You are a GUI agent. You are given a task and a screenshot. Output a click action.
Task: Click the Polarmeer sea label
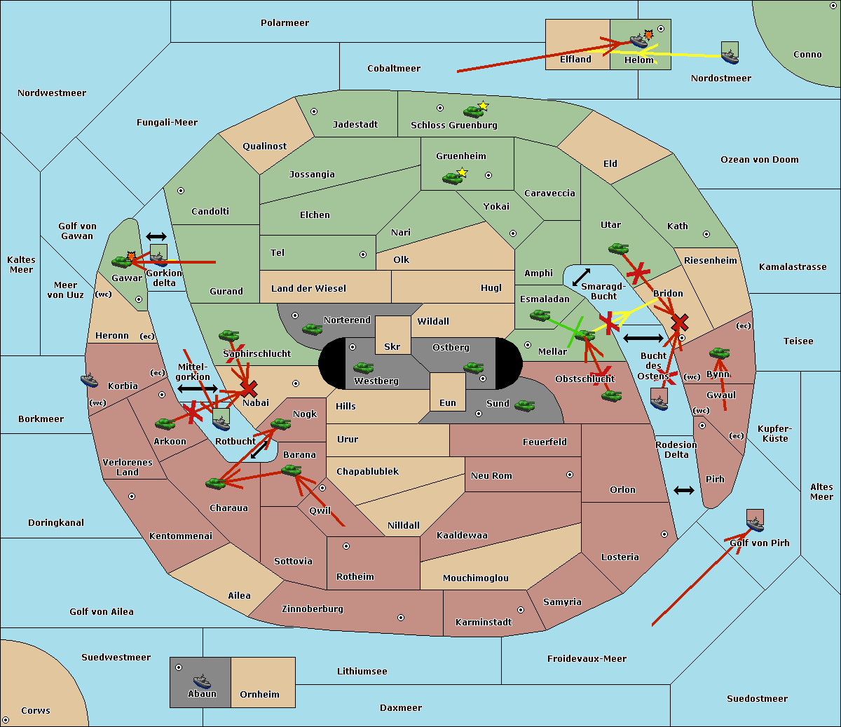tap(285, 23)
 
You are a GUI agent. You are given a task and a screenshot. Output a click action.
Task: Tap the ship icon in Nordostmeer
tap(730, 53)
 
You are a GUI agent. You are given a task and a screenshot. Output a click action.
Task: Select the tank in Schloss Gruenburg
tap(473, 111)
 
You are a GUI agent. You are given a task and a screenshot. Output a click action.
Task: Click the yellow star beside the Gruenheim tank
tap(462, 172)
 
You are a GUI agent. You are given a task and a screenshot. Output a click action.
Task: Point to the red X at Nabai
tap(249, 388)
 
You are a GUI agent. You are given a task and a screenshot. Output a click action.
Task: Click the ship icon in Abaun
tap(202, 681)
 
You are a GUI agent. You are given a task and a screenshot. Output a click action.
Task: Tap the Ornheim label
tap(259, 694)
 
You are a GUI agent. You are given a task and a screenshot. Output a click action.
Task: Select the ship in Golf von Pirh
tap(755, 521)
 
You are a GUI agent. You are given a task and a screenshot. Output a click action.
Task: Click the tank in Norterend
tap(312, 329)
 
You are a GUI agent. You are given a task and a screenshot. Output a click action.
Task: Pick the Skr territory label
tap(392, 346)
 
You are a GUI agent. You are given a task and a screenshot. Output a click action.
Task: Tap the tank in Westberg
tap(363, 367)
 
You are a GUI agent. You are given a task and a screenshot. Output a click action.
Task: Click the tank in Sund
tap(524, 405)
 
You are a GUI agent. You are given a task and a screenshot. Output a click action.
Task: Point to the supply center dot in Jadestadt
tap(314, 111)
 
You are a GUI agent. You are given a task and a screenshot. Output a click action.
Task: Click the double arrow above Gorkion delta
tap(156, 237)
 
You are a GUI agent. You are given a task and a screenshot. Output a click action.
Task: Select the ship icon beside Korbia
tap(89, 380)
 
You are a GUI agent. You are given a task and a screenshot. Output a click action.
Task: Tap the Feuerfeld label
tap(545, 442)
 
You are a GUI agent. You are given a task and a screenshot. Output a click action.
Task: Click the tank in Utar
tap(618, 248)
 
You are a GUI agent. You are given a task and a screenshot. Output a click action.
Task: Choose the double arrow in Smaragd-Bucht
tap(582, 277)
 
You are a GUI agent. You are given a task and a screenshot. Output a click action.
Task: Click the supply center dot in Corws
tap(6, 719)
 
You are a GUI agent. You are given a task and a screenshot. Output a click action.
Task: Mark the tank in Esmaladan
tap(540, 315)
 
